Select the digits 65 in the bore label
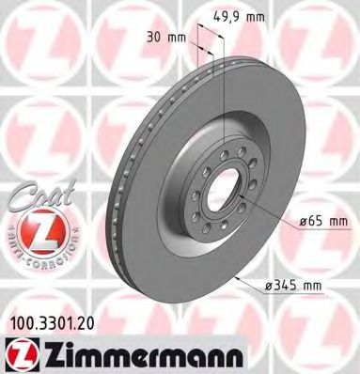311,222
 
